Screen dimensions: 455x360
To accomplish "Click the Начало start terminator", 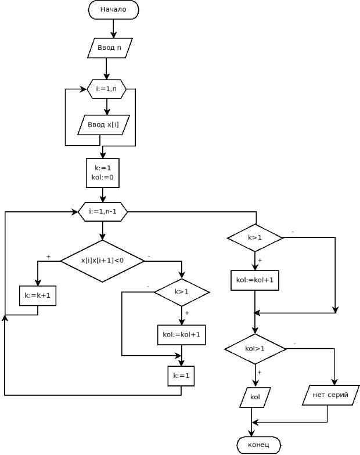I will (113, 10).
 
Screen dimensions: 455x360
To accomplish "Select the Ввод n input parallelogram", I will (110, 48).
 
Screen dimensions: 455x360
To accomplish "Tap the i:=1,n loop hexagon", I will (106, 89).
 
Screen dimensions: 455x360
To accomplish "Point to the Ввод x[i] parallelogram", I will (103, 124).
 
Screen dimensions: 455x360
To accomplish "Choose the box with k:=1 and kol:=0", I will (103, 172).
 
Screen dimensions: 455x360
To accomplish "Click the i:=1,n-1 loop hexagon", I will (103, 212).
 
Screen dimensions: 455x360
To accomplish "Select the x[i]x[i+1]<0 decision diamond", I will (102, 261).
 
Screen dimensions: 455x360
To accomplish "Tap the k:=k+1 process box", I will (38, 295).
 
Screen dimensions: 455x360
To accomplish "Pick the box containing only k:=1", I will (181, 375).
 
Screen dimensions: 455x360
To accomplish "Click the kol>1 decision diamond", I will (255, 349).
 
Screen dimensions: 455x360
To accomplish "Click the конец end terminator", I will (258, 445).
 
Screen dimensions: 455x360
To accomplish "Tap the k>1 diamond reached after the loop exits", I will (255, 237).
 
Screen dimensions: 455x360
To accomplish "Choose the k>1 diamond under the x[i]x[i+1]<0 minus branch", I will (181, 291).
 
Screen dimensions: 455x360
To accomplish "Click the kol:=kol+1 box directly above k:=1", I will (181, 335).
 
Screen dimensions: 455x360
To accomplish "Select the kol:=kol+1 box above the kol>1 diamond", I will (255, 280).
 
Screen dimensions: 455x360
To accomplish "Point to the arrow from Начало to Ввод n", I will (113, 28).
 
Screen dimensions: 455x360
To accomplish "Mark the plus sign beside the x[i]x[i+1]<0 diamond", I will (48, 256).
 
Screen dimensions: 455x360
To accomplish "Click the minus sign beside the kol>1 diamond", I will (294, 344).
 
